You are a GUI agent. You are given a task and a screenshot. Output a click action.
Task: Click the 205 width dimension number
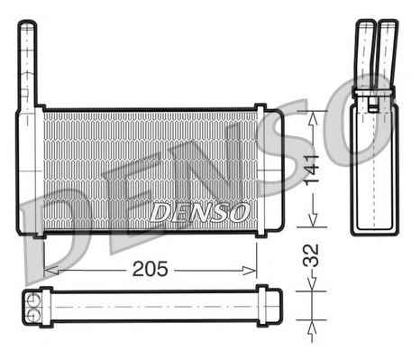click(150, 269)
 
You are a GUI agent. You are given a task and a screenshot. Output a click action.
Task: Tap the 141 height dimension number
click(311, 170)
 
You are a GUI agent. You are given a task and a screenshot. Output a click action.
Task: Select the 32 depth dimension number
click(311, 255)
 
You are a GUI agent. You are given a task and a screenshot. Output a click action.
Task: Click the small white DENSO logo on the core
click(200, 212)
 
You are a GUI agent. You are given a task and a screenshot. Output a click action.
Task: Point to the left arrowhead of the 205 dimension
click(51, 271)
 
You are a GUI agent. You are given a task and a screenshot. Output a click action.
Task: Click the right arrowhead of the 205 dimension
click(250, 271)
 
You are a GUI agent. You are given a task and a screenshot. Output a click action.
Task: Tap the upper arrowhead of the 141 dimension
click(313, 118)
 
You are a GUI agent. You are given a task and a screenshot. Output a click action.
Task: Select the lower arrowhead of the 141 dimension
click(313, 219)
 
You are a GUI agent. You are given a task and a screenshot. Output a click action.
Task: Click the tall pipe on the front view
click(27, 65)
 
